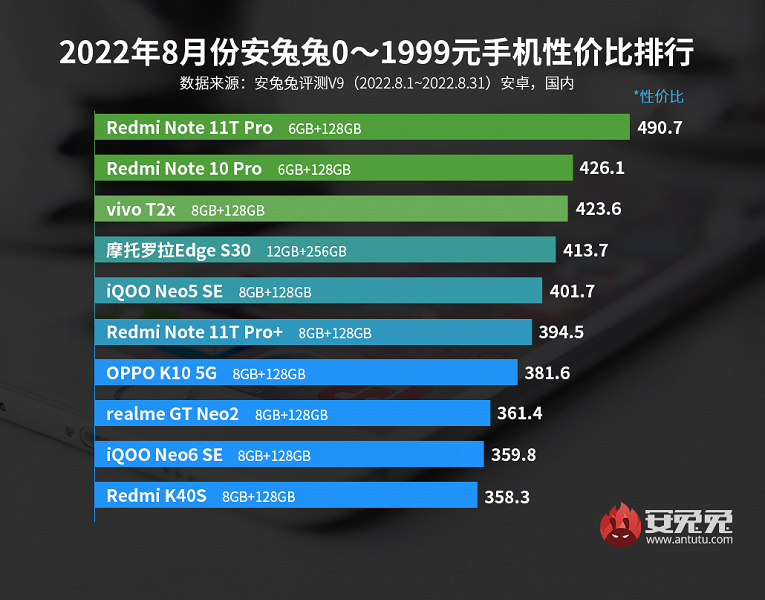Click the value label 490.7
point(659,128)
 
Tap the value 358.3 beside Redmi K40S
point(507,495)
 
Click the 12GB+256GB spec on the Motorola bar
point(306,251)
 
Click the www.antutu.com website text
point(689,540)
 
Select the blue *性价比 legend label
point(658,97)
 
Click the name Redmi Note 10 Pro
point(184,169)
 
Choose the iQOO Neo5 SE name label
point(165,291)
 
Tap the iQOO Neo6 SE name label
point(164,455)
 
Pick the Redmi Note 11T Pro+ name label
point(195,332)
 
